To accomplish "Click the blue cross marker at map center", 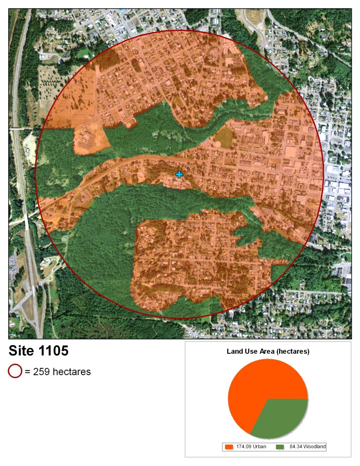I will coord(179,174).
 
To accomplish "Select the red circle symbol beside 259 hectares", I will coord(15,371).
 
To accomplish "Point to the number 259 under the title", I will coord(42,372).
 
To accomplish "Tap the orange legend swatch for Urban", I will coord(230,447).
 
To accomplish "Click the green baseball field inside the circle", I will coord(224,137).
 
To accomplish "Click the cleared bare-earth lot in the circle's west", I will coord(90,138).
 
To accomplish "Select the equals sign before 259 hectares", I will coord(27,372).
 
